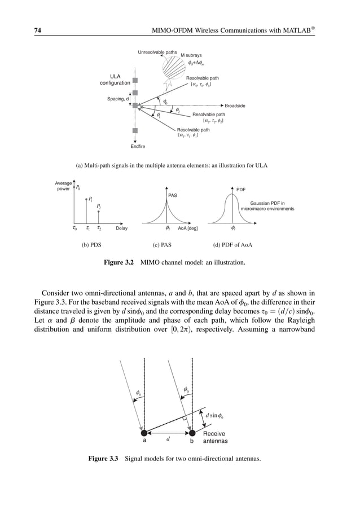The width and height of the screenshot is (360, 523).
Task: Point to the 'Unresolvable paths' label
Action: [157, 52]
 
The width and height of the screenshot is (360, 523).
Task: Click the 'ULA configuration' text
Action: [114, 80]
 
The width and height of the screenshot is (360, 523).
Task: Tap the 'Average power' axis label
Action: [63, 186]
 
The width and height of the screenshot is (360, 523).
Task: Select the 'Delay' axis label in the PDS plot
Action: [121, 228]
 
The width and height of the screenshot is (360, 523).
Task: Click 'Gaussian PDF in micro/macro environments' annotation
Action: [267, 206]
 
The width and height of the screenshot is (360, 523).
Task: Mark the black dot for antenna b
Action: [192, 433]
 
